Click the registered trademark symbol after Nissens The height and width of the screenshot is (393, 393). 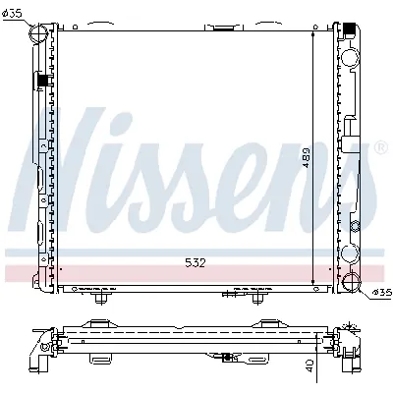click(380, 148)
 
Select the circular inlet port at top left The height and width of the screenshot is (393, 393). click(40, 34)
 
